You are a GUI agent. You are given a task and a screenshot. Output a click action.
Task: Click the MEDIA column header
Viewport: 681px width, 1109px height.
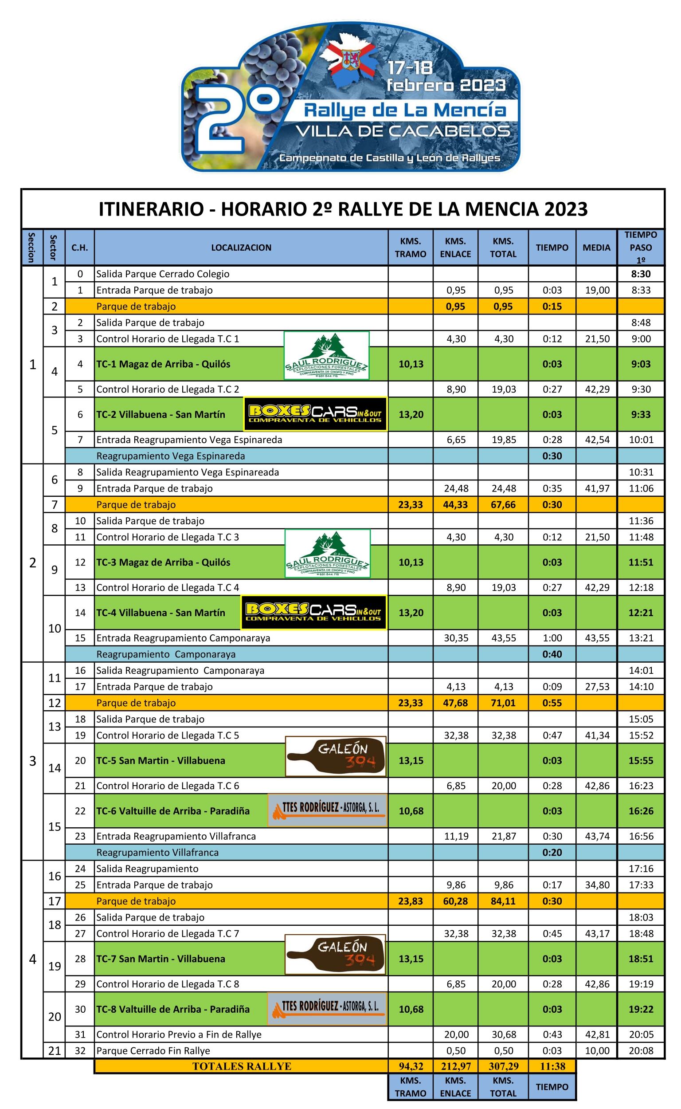tap(596, 248)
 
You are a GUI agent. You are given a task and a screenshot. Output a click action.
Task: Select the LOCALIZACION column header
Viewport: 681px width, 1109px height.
tap(241, 248)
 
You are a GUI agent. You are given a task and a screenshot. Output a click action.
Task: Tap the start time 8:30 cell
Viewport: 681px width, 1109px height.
tap(641, 274)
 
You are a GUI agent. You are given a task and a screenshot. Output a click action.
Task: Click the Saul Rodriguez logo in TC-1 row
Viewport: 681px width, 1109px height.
tap(327, 356)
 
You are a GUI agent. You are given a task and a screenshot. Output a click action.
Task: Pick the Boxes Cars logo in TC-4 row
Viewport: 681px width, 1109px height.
tap(314, 612)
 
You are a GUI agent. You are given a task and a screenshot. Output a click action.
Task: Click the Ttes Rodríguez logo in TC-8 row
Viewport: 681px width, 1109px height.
tap(327, 1009)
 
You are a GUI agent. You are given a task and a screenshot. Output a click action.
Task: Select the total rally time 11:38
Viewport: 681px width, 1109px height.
tap(552, 1066)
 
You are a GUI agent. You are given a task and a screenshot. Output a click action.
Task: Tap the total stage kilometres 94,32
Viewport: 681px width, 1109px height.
tap(410, 1066)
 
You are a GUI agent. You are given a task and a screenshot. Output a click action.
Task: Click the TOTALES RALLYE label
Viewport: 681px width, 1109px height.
tap(242, 1066)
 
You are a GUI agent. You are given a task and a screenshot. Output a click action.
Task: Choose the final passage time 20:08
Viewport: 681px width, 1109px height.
tap(641, 1050)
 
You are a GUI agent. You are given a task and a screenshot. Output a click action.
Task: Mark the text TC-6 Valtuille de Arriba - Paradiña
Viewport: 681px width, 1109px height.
tap(173, 811)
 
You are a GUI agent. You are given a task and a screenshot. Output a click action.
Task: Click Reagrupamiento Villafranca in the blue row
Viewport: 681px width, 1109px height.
tap(157, 852)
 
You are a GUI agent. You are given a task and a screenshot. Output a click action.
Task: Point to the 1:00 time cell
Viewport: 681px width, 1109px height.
tap(552, 637)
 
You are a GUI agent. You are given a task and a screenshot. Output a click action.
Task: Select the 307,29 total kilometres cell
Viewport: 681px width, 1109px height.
tap(503, 1066)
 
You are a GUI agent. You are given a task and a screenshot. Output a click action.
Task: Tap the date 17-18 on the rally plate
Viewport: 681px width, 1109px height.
tap(410, 67)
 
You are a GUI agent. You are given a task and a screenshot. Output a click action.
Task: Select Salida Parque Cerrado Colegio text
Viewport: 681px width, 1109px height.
tap(163, 274)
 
